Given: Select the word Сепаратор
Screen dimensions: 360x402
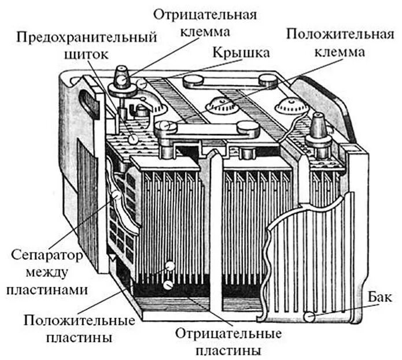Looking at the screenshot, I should tap(46, 254).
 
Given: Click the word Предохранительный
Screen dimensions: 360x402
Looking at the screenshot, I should tap(86, 38).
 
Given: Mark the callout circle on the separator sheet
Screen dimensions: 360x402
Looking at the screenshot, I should tap(117, 195).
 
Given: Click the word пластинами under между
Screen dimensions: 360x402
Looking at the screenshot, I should tap(47, 290).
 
